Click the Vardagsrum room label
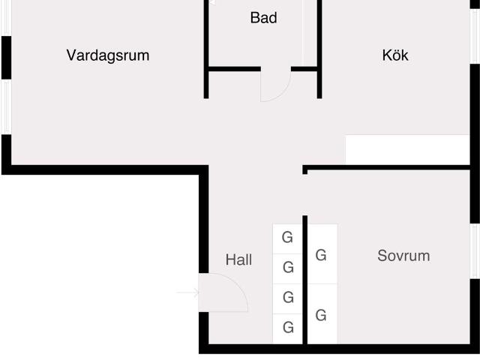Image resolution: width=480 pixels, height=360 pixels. [x=108, y=55]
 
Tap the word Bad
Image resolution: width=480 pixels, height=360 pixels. [x=263, y=17]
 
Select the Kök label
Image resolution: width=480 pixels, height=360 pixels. [x=395, y=55]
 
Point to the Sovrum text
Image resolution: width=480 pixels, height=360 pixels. [x=403, y=256]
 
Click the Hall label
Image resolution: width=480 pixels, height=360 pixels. [x=238, y=260]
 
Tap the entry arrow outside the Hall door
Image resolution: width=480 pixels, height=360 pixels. [x=187, y=292]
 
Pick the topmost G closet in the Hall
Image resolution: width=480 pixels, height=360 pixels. [x=287, y=238]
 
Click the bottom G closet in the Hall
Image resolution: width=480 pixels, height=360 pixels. [x=287, y=328]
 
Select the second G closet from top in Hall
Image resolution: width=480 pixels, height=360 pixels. [x=287, y=268]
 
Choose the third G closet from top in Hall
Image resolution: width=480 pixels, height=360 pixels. [x=287, y=298]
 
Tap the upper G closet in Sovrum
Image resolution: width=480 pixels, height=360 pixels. [x=321, y=255]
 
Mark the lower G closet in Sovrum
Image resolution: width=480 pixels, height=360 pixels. [x=321, y=315]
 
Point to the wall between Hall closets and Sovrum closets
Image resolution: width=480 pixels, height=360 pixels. [x=305, y=285]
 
